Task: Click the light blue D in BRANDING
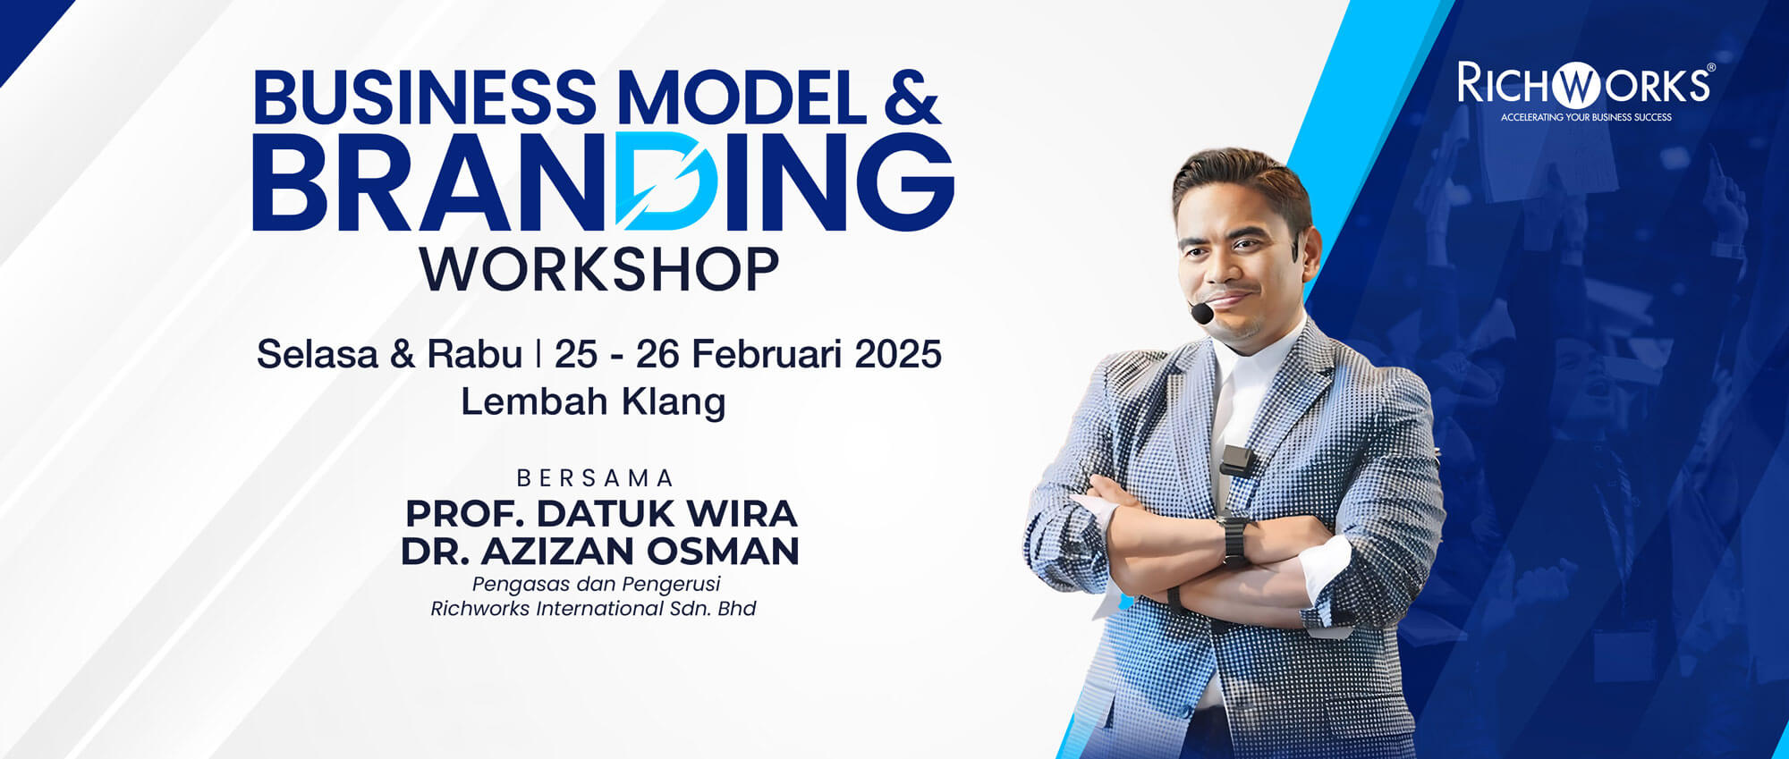(665, 181)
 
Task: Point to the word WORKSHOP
(599, 269)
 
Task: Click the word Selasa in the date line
(318, 354)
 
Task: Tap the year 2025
(898, 354)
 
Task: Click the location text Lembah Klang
(593, 401)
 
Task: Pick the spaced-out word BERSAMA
(596, 478)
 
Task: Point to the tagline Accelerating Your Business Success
(1586, 117)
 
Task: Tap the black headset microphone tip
(1201, 313)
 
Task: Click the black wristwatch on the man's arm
(1234, 540)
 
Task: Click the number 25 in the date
(576, 354)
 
